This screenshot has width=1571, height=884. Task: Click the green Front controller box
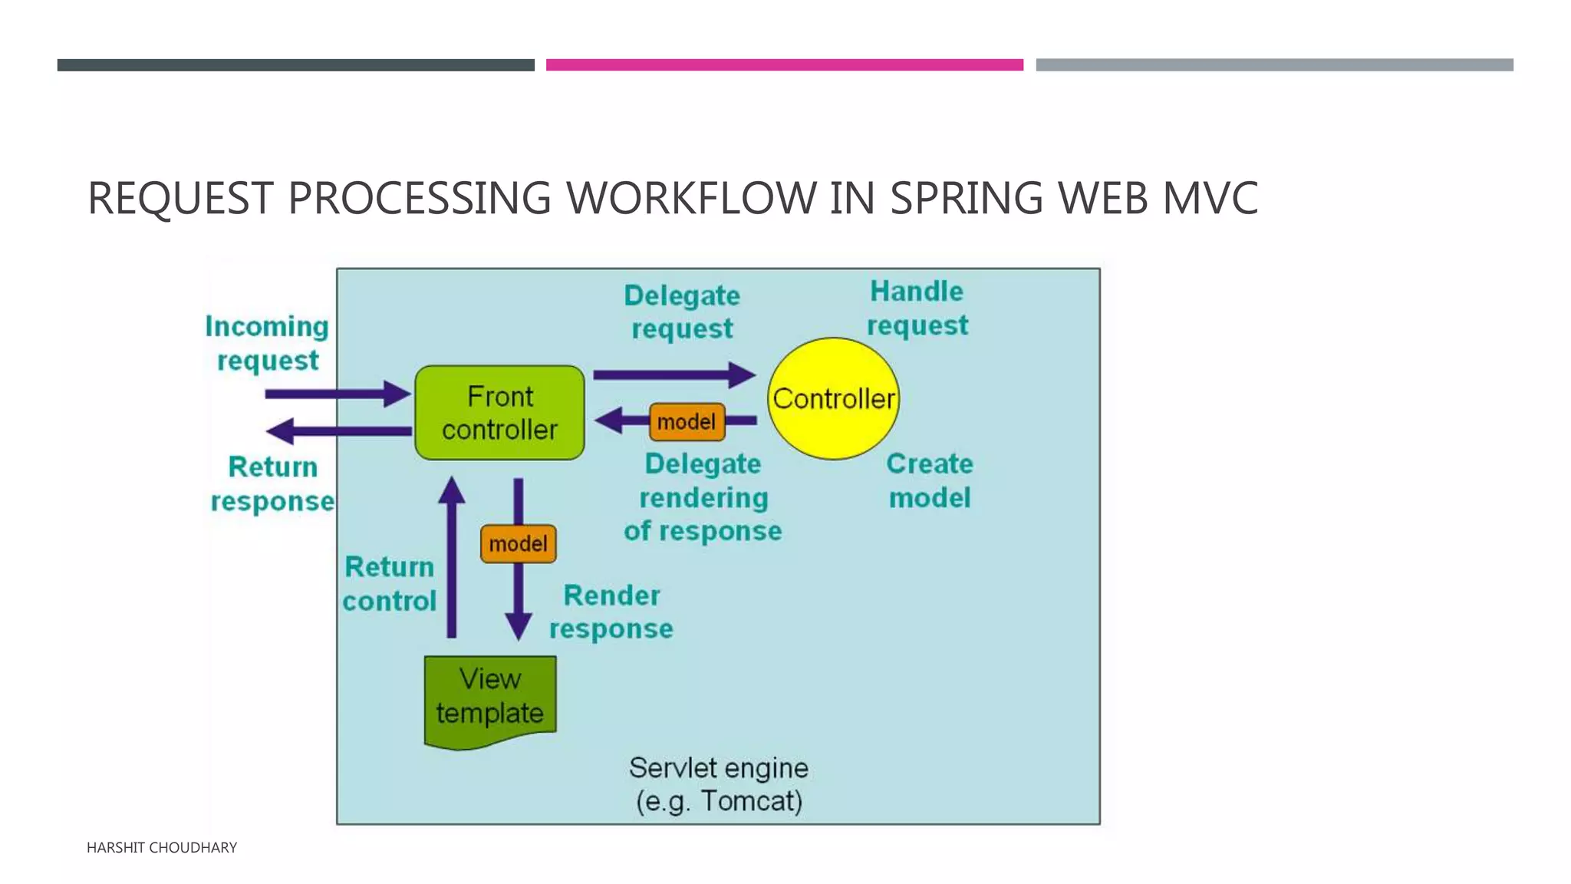point(499,413)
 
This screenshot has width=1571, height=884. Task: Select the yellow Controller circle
point(833,398)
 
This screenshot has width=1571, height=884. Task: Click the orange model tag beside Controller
point(687,422)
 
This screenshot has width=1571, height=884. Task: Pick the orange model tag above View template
point(518,544)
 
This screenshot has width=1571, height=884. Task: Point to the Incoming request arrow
point(338,394)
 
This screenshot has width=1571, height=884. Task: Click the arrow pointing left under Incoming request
point(338,431)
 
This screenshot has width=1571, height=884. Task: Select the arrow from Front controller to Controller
point(674,375)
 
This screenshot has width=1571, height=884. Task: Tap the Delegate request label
point(681,312)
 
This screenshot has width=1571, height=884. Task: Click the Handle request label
point(917,308)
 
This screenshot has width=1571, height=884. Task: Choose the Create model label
point(930,480)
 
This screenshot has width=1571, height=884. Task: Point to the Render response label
point(611,612)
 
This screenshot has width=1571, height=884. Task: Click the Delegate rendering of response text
point(703,497)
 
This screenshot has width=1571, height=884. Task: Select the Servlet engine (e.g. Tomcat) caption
point(719,784)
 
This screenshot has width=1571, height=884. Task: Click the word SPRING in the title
point(966,198)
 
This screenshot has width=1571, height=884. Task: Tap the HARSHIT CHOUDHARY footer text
point(162,847)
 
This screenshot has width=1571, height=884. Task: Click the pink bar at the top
point(784,65)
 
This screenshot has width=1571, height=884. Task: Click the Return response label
point(272,483)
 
